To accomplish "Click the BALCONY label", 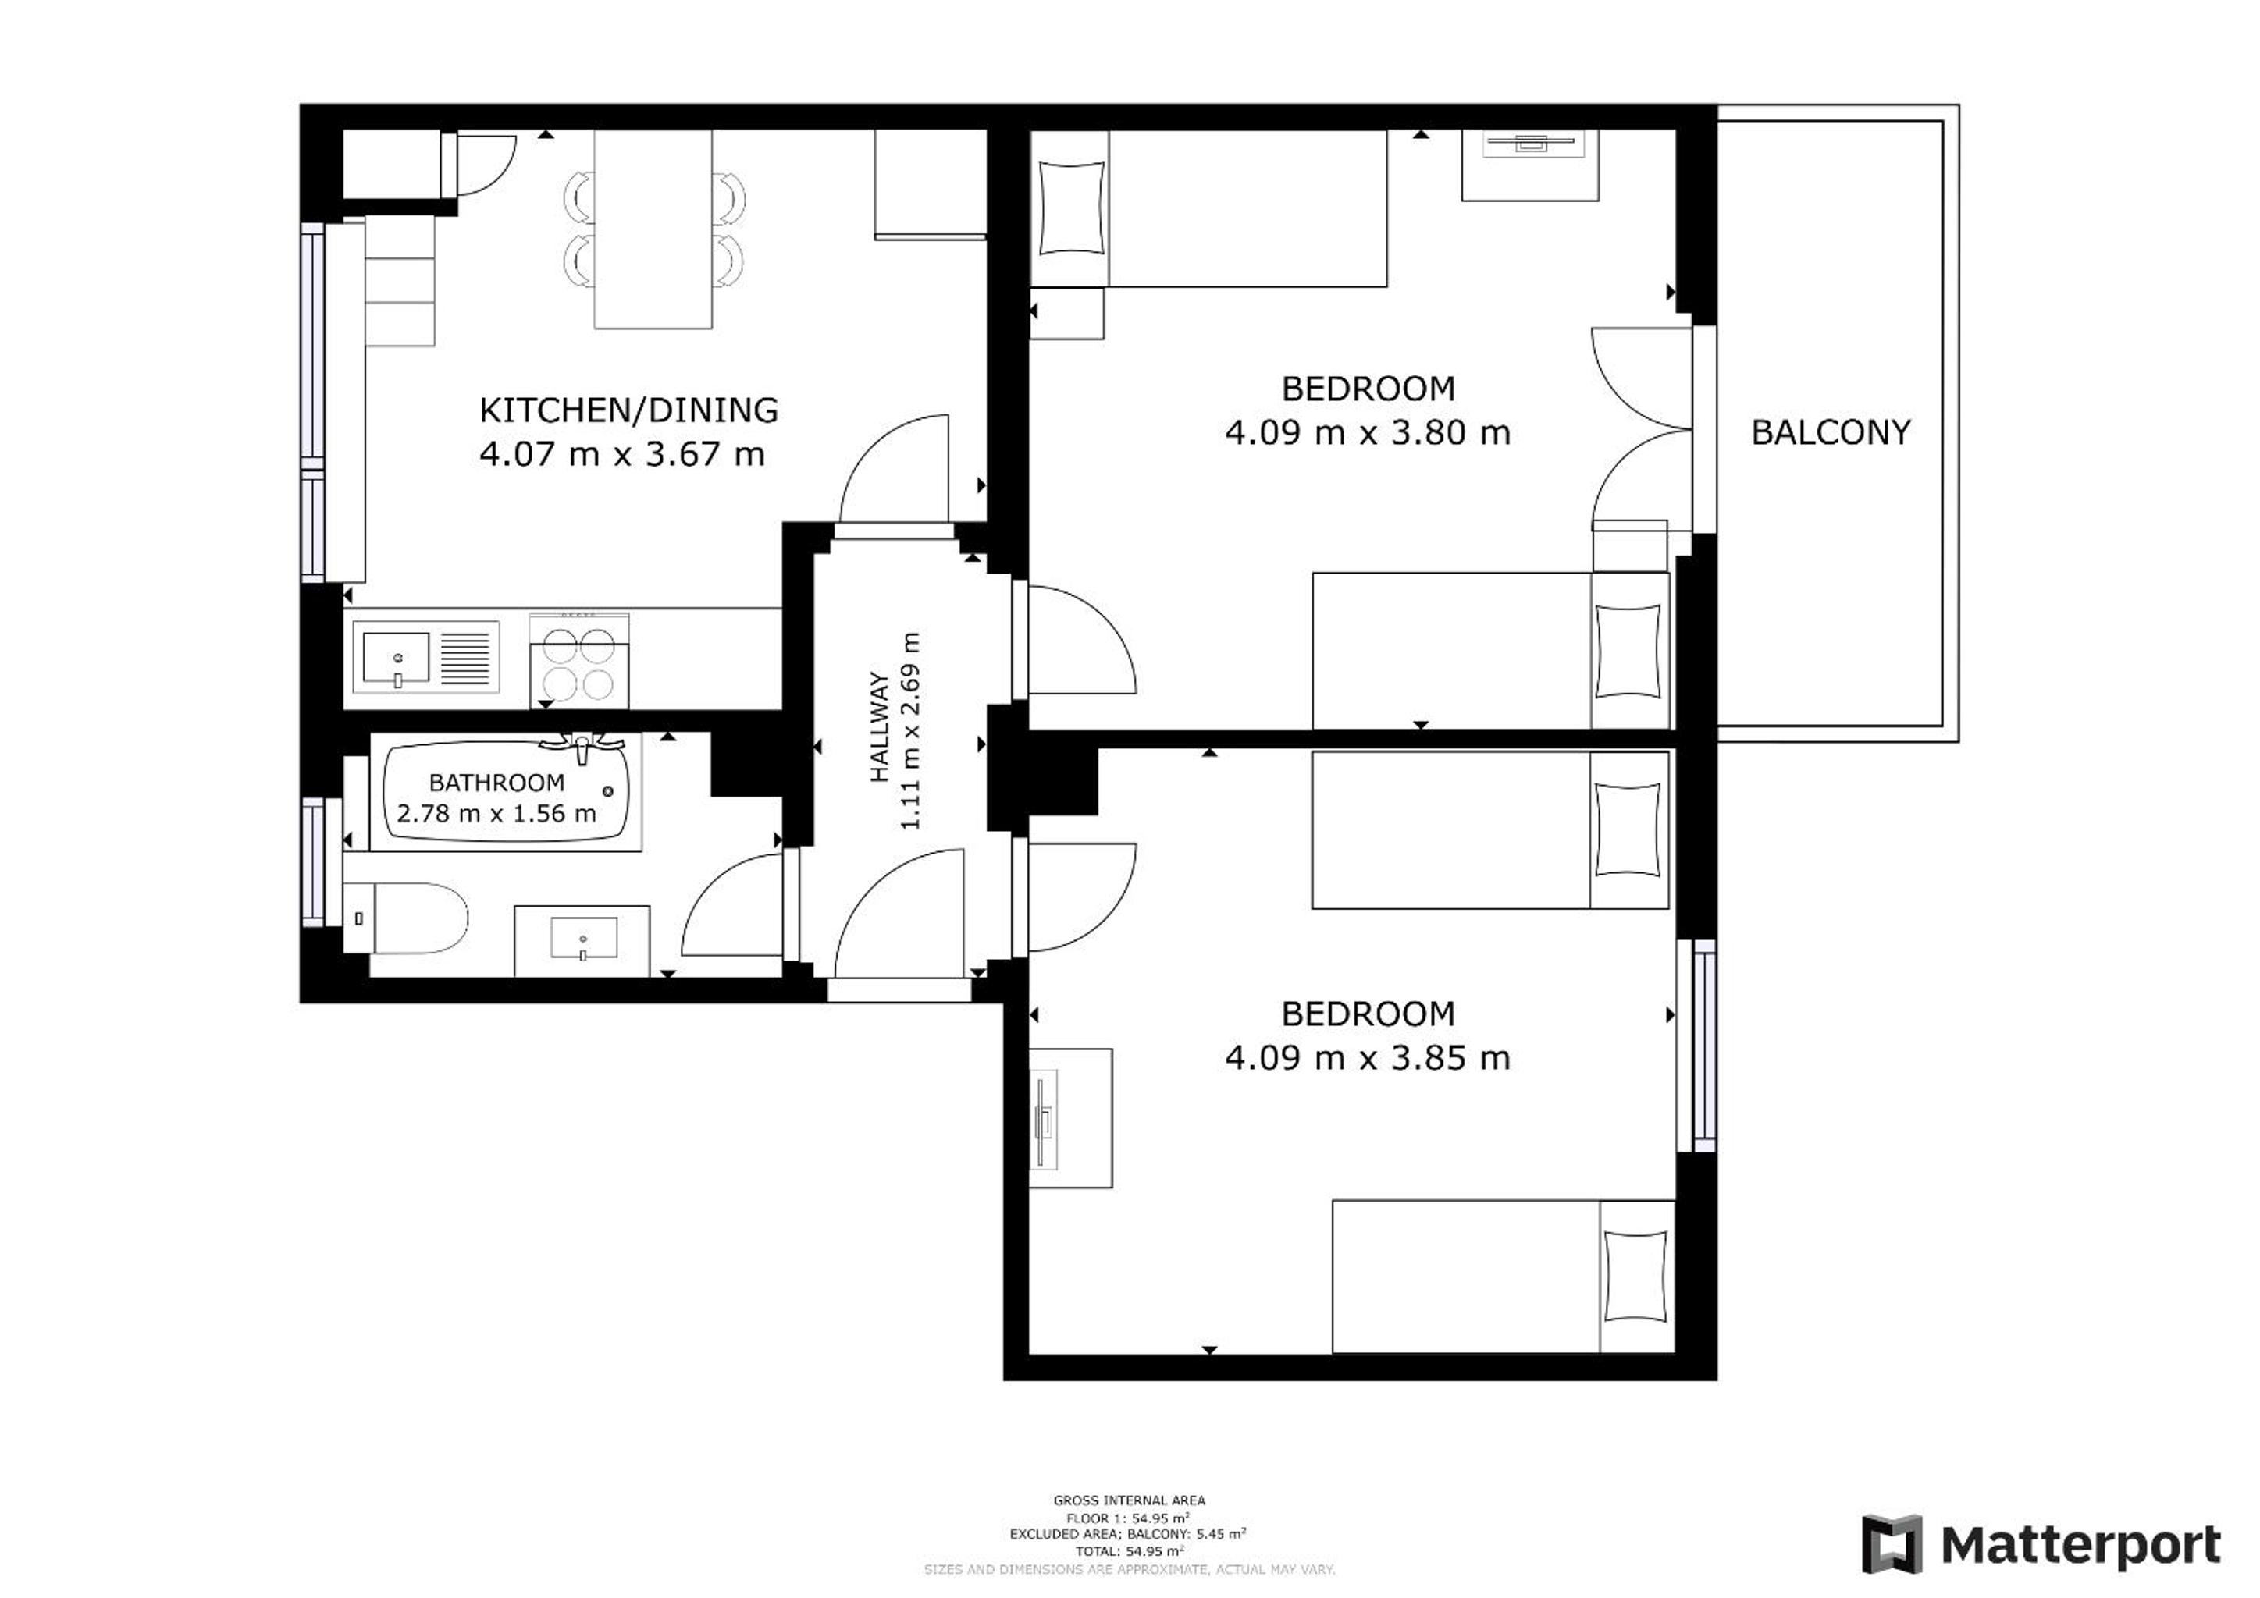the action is coord(1831,432).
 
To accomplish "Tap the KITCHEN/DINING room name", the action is coord(629,410).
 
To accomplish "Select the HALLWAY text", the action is coord(879,727).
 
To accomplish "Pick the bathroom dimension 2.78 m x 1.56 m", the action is coord(497,814).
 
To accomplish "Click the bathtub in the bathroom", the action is coord(506,791).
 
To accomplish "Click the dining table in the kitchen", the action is coord(653,229).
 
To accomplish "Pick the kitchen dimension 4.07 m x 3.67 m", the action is coord(622,455).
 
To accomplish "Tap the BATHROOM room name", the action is coord(497,783).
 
